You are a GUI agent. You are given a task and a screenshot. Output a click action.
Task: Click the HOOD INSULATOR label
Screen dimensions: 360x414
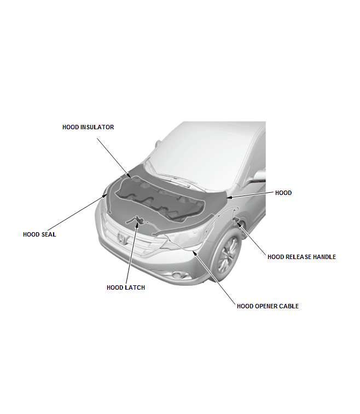click(x=88, y=127)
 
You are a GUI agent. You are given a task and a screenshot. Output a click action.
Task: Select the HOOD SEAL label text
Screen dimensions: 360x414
click(x=39, y=234)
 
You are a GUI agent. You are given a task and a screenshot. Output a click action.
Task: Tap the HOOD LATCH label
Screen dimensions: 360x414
click(x=126, y=287)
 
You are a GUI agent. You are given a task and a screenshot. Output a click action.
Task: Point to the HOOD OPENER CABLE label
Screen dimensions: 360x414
click(x=268, y=306)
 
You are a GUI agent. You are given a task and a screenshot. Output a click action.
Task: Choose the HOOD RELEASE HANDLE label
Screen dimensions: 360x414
click(x=301, y=257)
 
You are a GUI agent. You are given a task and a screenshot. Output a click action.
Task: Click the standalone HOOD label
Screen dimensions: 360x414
click(x=283, y=193)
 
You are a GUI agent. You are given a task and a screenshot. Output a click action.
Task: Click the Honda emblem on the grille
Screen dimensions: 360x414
click(x=122, y=238)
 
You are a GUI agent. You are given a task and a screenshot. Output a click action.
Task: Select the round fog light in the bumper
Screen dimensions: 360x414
click(x=182, y=275)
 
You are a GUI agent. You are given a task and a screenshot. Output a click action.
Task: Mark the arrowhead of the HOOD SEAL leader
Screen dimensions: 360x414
click(x=106, y=196)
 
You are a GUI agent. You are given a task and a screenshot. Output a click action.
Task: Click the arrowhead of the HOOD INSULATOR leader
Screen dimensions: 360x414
click(x=129, y=176)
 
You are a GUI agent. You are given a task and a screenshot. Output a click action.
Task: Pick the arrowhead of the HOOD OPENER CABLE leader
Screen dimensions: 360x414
click(x=194, y=252)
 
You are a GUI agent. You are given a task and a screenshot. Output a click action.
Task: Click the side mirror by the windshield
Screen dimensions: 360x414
click(x=259, y=176)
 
